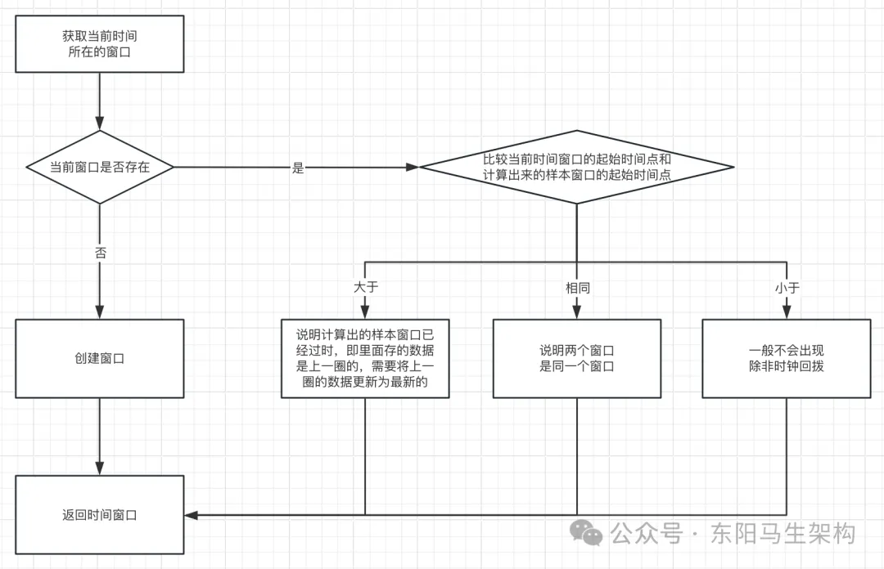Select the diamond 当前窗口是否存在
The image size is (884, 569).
click(99, 167)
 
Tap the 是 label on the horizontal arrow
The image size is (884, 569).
click(298, 168)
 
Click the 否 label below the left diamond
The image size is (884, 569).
click(100, 253)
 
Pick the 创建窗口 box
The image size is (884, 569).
click(99, 358)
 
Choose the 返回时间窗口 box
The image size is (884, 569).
click(99, 515)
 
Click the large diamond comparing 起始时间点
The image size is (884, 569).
click(576, 167)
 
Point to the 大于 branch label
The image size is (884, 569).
click(366, 288)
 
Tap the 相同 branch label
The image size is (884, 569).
click(577, 288)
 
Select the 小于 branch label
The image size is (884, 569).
click(787, 288)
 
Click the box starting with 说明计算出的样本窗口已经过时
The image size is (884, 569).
click(365, 358)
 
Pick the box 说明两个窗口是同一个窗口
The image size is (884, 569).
click(577, 358)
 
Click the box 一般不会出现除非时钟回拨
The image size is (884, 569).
click(787, 358)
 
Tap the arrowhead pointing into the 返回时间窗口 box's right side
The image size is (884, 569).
click(192, 515)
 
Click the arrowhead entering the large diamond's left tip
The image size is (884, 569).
click(413, 167)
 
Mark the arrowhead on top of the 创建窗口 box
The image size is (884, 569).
click(99, 311)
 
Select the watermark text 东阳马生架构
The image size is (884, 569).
click(783, 533)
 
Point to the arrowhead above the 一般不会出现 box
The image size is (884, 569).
click(787, 311)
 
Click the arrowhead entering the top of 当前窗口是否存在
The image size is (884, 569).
click(99, 123)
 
